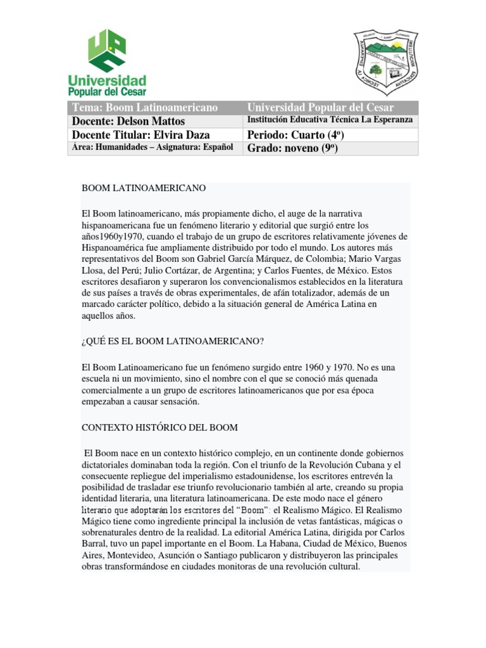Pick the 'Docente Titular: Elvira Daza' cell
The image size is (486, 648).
tap(140, 135)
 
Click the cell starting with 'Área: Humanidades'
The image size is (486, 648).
tap(153, 147)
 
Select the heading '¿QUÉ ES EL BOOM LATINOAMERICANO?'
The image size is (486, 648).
tap(173, 341)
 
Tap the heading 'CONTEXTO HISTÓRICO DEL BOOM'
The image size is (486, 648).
tap(160, 428)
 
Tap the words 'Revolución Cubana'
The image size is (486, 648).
tap(358, 465)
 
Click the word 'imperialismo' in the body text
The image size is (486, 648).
tap(202, 476)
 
